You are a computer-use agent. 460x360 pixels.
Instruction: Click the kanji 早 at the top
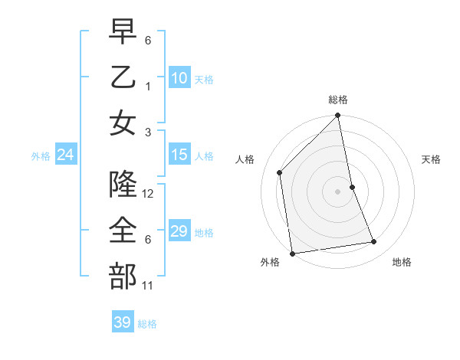pos(123,34)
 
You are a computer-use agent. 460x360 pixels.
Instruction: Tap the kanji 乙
pos(123,77)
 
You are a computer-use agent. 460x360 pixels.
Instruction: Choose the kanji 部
pos(123,276)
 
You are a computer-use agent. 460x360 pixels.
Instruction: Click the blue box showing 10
pos(179,77)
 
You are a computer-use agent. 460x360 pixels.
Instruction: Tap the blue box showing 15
pos(179,155)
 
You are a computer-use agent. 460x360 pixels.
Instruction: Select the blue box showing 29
pos(179,231)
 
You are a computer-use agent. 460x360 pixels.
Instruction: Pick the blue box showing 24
pos(66,155)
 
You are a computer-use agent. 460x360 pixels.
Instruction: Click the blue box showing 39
pos(123,322)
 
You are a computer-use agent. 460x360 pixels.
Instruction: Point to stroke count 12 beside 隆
pos(149,194)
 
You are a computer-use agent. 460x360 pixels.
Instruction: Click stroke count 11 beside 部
pos(148,286)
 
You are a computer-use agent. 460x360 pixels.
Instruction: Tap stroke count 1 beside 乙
pos(148,86)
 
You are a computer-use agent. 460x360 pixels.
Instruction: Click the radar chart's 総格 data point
pos(338,116)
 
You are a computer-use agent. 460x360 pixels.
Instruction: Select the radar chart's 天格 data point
pos(352,187)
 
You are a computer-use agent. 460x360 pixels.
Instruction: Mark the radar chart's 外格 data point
pos(292,254)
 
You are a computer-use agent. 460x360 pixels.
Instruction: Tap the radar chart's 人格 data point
pos(280,172)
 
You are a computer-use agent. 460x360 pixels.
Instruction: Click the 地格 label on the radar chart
pos(402,262)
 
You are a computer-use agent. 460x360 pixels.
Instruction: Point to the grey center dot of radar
pos(338,191)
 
